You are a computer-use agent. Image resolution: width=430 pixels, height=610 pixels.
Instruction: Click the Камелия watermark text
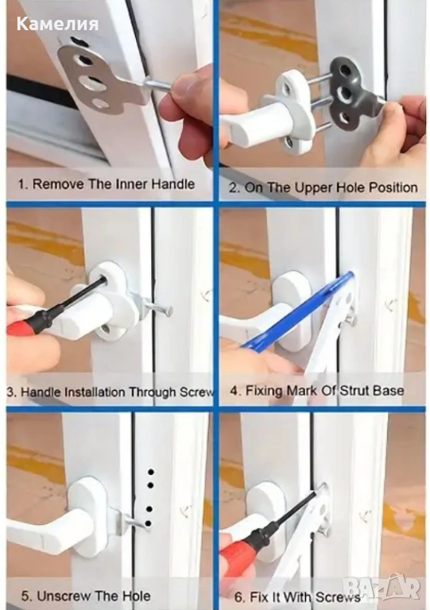57,25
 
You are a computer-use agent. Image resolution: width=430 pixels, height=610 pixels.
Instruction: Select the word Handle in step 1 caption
172,183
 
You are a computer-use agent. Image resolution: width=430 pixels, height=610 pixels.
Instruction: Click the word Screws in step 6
337,596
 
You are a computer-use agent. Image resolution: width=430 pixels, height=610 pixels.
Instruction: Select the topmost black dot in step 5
151,473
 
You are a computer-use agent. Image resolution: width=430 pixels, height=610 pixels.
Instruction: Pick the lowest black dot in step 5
148,523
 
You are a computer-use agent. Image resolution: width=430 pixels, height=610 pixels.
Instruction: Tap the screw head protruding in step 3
169,311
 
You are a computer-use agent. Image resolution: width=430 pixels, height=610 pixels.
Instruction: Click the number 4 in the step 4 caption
234,390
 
